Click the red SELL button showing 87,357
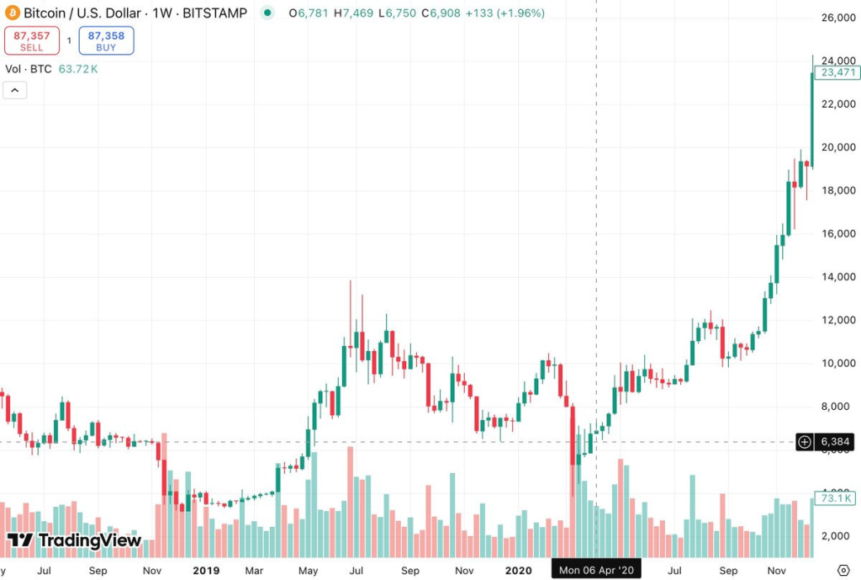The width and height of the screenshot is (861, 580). (x=32, y=40)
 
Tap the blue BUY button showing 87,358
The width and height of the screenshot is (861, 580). (x=106, y=40)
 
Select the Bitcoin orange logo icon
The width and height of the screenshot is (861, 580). (x=11, y=13)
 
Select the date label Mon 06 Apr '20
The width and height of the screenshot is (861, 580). (x=596, y=571)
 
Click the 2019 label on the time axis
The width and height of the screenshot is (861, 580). (x=206, y=571)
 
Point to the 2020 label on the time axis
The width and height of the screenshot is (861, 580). (x=520, y=571)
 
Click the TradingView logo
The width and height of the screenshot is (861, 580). (x=74, y=540)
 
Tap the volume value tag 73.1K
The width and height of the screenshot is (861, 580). (x=836, y=498)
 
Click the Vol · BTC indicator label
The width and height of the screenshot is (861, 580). (x=29, y=69)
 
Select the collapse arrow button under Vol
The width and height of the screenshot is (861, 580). (x=15, y=91)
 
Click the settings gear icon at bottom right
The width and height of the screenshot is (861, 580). (x=843, y=571)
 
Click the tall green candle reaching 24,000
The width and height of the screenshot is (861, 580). (x=812, y=118)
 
